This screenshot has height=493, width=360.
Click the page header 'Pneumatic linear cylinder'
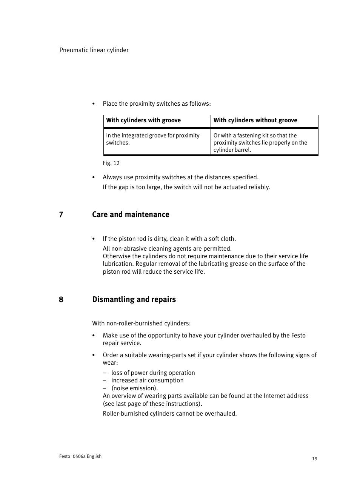pyautogui.click(x=94, y=50)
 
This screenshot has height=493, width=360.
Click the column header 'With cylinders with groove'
pyautogui.click(x=143, y=120)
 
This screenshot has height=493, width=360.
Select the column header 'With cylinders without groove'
pyautogui.click(x=255, y=120)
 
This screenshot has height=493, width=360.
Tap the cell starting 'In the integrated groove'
pyautogui.click(x=153, y=139)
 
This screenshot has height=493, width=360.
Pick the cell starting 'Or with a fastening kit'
pyautogui.click(x=260, y=142)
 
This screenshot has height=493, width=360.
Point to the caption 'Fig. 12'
pyautogui.click(x=111, y=163)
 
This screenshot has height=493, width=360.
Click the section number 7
pyautogui.click(x=61, y=215)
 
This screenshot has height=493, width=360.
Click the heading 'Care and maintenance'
pyautogui.click(x=131, y=215)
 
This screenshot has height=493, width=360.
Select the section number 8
pyautogui.click(x=61, y=300)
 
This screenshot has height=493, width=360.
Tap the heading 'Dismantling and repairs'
pyautogui.click(x=134, y=300)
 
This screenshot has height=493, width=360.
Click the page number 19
pyautogui.click(x=315, y=459)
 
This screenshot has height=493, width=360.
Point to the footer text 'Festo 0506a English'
pyautogui.click(x=80, y=456)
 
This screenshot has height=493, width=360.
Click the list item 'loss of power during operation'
pyautogui.click(x=153, y=373)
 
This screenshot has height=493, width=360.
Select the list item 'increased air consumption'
pyautogui.click(x=147, y=381)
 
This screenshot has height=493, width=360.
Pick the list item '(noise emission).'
pyautogui.click(x=134, y=388)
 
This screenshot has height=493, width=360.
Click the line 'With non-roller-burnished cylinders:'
pyautogui.click(x=142, y=324)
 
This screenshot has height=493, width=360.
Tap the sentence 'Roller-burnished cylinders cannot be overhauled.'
pyautogui.click(x=170, y=414)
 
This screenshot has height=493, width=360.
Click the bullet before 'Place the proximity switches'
pyautogui.click(x=94, y=104)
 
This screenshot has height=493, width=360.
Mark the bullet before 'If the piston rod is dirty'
pyautogui.click(x=94, y=239)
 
